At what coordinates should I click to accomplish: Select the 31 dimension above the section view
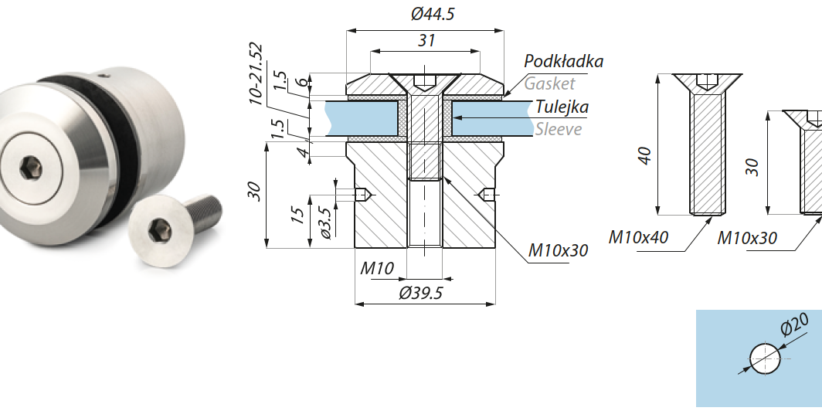426,41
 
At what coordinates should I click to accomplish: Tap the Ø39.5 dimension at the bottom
425,293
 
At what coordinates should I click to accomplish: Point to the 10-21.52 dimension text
256,73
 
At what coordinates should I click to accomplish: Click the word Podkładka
563,61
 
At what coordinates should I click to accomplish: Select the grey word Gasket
549,83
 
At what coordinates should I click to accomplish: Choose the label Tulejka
562,107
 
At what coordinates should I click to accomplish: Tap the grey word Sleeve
558,129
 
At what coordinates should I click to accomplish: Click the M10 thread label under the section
378,269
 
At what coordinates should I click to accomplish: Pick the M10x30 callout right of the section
558,250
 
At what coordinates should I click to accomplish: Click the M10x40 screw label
638,237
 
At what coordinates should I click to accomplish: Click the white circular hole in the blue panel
765,358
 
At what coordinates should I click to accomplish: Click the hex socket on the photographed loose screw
160,229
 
